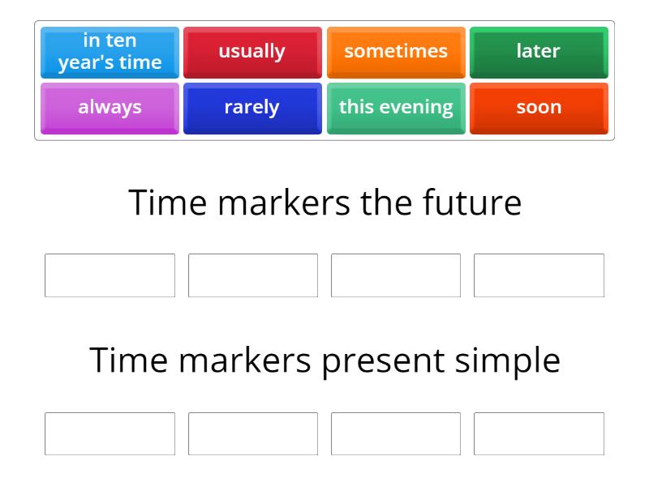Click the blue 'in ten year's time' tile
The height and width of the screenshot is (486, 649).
pos(110,52)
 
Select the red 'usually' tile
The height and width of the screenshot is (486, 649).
pos(252,52)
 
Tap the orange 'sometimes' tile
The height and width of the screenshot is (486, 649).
pos(396,52)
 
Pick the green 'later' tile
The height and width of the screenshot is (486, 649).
pos(539,52)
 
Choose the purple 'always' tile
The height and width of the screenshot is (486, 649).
pos(110,108)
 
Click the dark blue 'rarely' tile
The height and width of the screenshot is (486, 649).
pos(252,108)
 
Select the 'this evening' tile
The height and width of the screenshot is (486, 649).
pos(396,108)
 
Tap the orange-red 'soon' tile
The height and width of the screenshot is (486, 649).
pos(539,108)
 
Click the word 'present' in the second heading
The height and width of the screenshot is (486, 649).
pos(383,360)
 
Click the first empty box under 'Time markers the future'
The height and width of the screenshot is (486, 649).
pos(110,275)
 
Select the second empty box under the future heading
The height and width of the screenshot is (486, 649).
pos(253,275)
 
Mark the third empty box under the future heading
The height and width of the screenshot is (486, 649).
pos(396,275)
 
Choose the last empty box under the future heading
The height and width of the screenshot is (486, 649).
pos(539,275)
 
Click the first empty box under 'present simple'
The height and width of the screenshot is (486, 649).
pos(110,434)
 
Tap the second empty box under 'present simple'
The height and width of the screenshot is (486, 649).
pos(253,434)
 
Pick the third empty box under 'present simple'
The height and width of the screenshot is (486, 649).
pos(396,434)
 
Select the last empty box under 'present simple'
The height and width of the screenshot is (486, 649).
pos(539,434)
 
